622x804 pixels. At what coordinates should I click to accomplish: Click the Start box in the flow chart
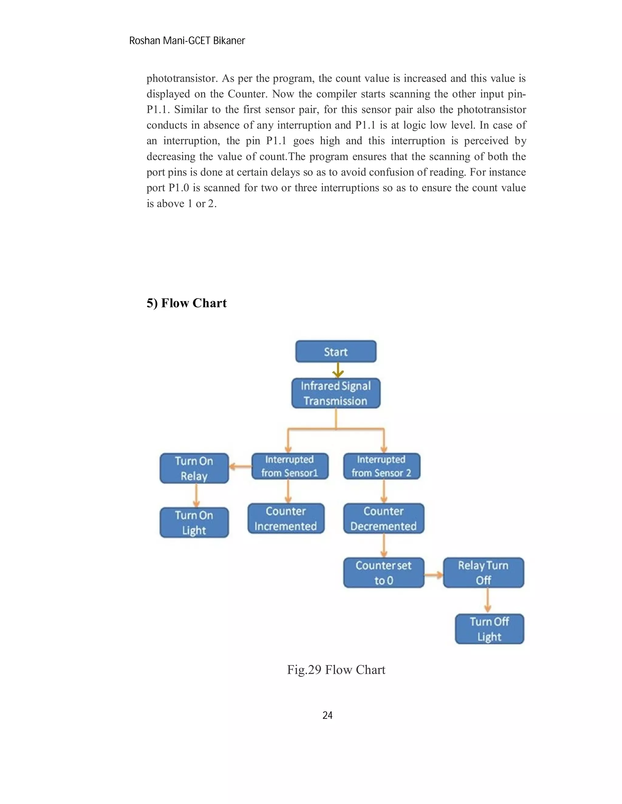point(336,352)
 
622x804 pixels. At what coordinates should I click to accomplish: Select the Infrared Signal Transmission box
point(336,393)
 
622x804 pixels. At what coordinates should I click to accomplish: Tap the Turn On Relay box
point(194,468)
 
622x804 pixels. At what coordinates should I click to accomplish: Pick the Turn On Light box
point(194,522)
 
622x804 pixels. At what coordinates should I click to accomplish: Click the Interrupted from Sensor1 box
point(290,466)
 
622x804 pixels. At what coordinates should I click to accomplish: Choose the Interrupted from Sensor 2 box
point(381,466)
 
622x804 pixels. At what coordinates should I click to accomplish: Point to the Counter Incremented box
point(286,518)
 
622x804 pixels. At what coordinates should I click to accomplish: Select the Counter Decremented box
point(384,518)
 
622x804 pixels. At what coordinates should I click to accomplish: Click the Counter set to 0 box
point(384,573)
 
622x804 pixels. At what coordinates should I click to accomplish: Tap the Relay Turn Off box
point(483,573)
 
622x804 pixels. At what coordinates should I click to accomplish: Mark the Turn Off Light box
point(489,629)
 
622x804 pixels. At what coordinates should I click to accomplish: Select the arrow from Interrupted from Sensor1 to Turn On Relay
point(240,466)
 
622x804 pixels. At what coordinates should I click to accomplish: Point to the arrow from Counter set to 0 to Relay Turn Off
point(434,574)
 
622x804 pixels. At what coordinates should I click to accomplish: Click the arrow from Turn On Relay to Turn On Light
point(197,495)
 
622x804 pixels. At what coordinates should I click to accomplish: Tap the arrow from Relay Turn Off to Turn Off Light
point(487,600)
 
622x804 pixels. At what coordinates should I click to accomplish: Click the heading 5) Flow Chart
point(186,303)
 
